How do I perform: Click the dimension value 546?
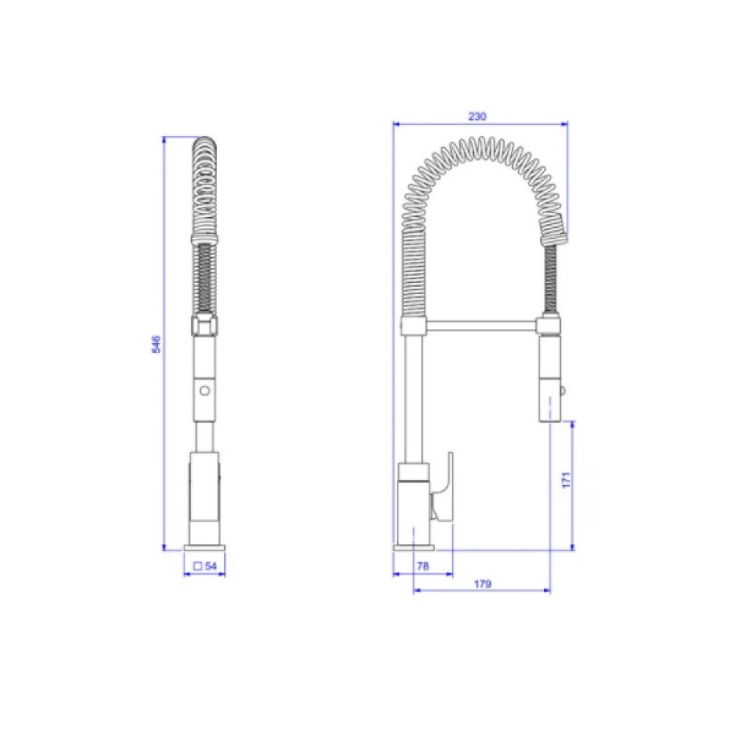[156, 344]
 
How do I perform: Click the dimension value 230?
[478, 116]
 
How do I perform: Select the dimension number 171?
[566, 481]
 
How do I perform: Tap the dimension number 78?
[423, 566]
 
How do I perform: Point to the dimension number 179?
[482, 584]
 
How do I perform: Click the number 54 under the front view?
[211, 566]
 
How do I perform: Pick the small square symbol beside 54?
[198, 566]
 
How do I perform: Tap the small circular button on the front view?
[205, 390]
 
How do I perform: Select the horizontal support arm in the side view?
[481, 323]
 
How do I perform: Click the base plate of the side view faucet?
[415, 547]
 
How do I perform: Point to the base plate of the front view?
[205, 547]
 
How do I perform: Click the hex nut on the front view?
[205, 325]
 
